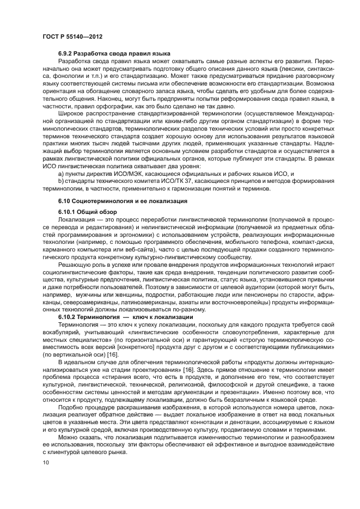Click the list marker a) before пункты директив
click(x=60, y=173)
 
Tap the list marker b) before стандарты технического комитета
click(x=60, y=181)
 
